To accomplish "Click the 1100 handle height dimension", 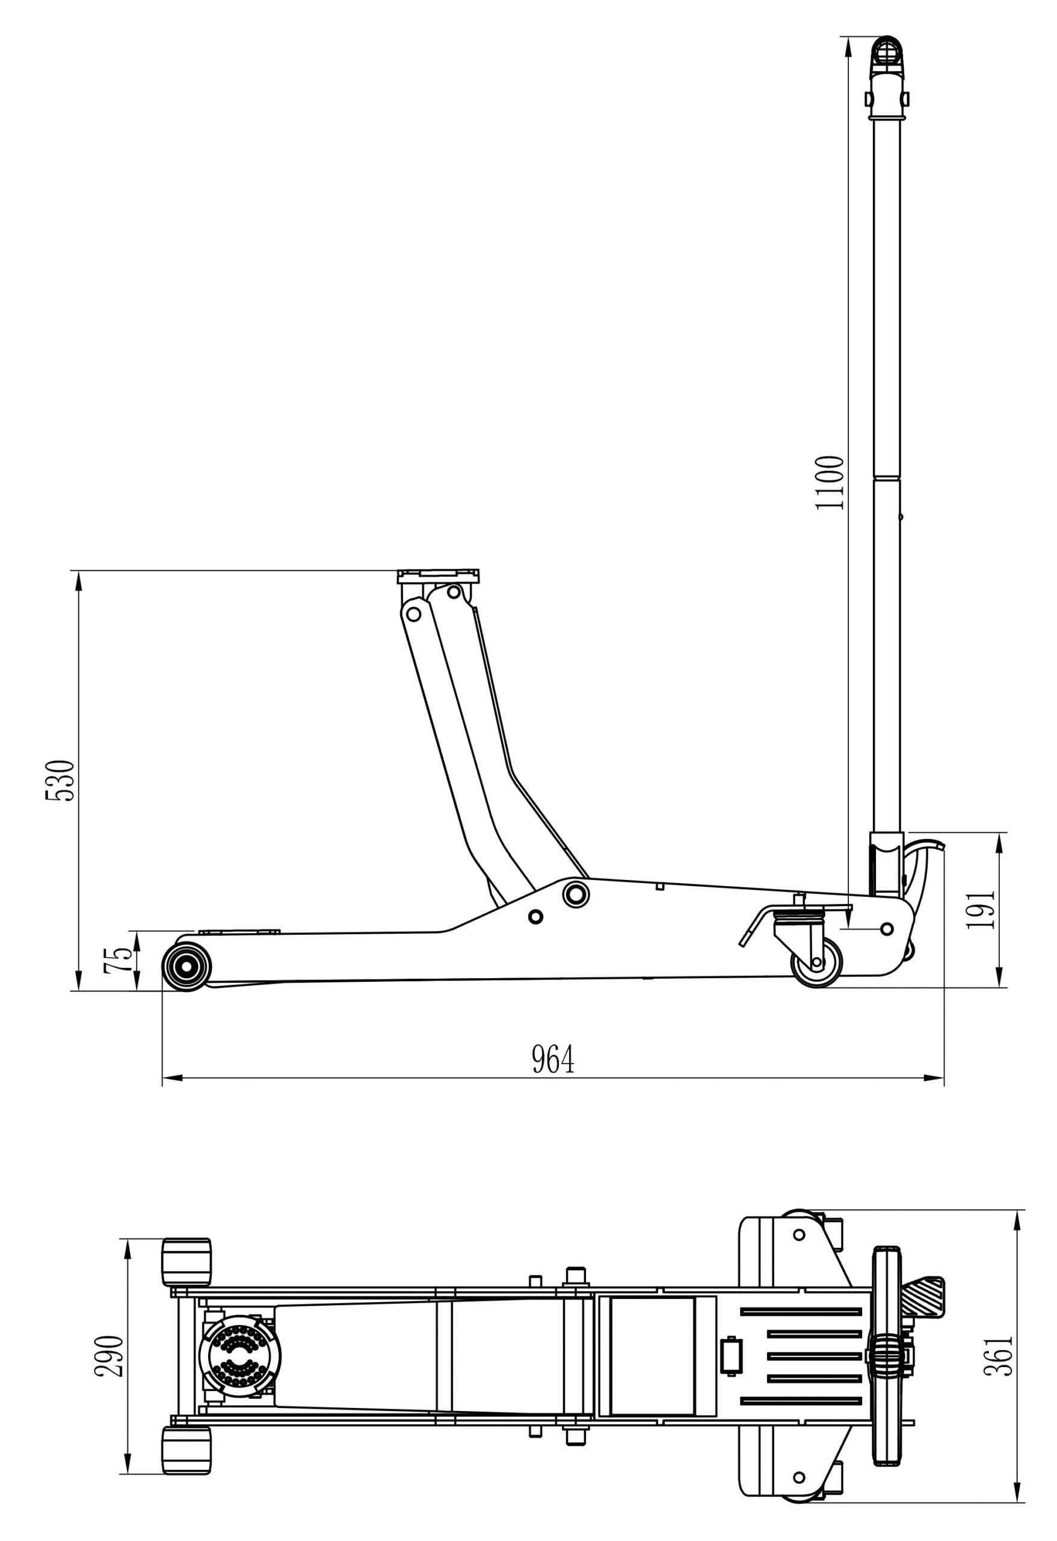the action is (830, 483).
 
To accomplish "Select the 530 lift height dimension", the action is (60, 781).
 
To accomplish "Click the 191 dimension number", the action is (981, 910).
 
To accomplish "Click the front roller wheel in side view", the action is (187, 967).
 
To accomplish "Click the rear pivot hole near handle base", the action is (887, 929).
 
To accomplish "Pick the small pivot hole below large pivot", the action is (536, 916).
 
